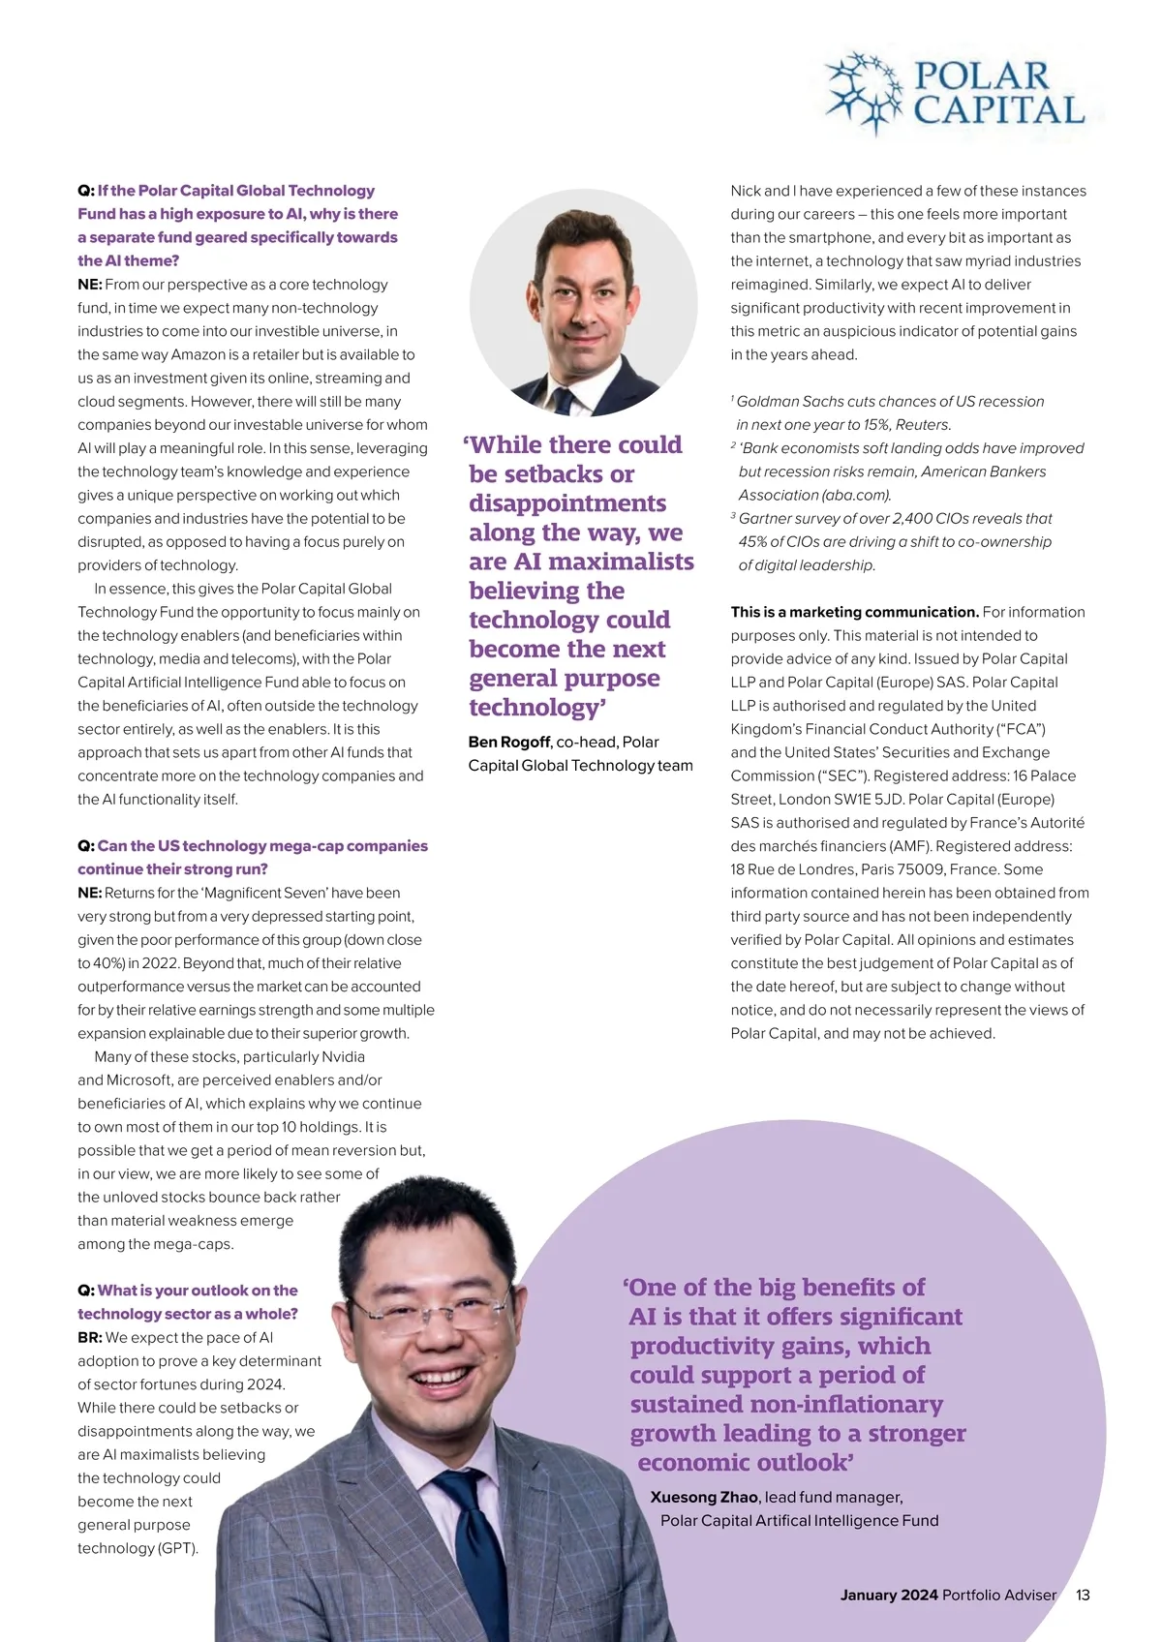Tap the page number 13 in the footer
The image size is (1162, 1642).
click(x=1083, y=1595)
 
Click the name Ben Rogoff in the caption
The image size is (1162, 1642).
click(x=509, y=742)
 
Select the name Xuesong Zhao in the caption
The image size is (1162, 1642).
click(x=704, y=1497)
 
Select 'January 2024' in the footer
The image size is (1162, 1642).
click(x=889, y=1595)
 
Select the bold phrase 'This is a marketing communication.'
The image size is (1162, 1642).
click(x=854, y=612)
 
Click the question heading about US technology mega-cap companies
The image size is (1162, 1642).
click(x=252, y=857)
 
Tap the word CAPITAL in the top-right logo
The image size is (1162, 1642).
click(x=999, y=109)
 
